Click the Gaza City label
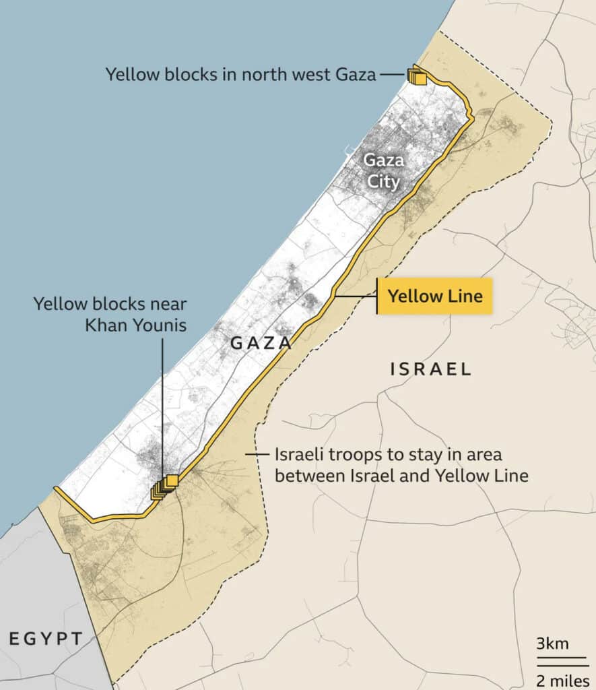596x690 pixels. coord(382,171)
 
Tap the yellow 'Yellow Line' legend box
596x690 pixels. coord(435,296)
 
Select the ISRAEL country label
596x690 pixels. coord(431,369)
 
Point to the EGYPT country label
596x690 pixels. coord(46,638)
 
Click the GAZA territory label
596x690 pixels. coord(261,343)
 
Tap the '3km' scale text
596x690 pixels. coord(552,643)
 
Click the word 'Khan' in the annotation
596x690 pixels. coord(107,325)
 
